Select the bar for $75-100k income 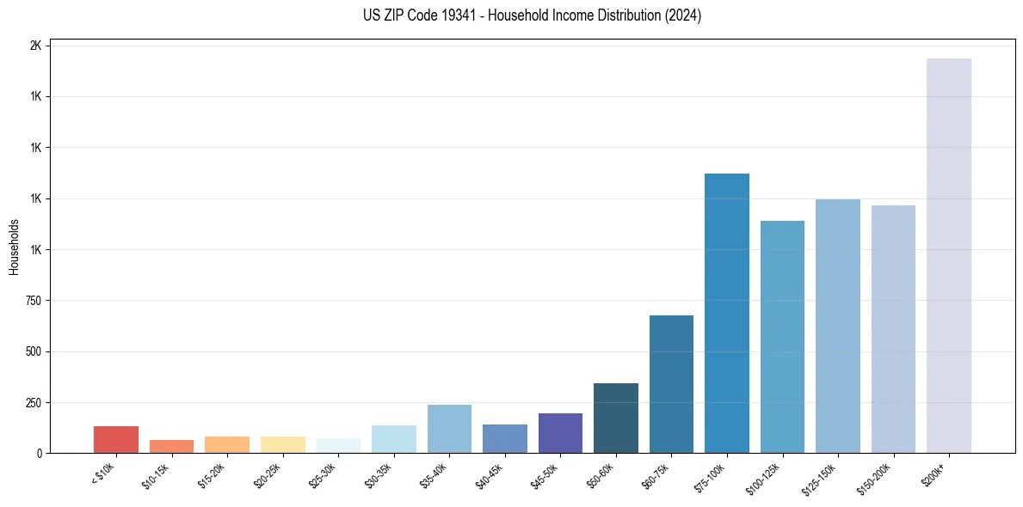point(727,313)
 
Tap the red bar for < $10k point(116,439)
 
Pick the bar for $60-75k point(671,384)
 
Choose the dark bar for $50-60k point(616,418)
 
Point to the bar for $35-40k point(449,429)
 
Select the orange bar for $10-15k point(171,446)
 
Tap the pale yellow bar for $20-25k point(282,444)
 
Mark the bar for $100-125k point(782,337)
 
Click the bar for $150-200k point(893,329)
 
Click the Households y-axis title point(14,247)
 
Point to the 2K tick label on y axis point(35,46)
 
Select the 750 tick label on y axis point(34,301)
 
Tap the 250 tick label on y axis point(34,402)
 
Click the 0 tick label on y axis point(40,453)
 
